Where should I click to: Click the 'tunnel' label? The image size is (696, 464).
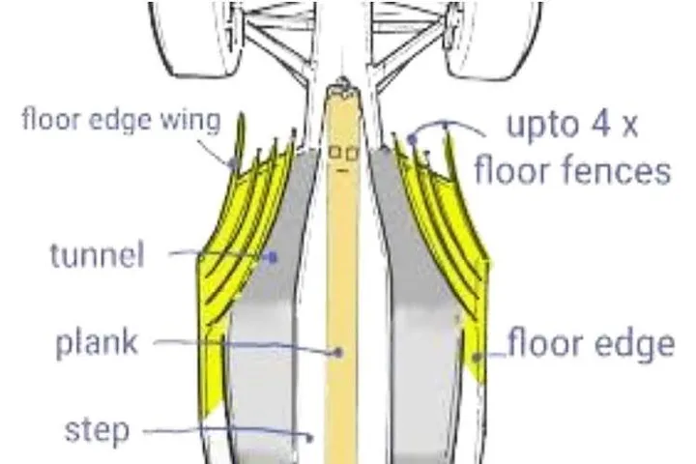point(98,255)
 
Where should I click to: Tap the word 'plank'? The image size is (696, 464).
point(97,343)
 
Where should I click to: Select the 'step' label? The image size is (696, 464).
point(97,430)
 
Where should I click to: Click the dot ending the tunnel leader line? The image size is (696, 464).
point(272,257)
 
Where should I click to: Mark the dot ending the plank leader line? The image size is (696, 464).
point(338,353)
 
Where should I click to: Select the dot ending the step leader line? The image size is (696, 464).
point(309,438)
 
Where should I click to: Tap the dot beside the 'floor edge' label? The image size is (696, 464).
point(478,357)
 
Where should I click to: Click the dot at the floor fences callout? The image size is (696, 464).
point(413,139)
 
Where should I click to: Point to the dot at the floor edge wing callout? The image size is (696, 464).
point(233,163)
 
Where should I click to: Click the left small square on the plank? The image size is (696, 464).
point(334,153)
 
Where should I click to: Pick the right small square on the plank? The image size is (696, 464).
point(352,154)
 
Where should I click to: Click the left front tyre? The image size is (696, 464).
point(194,39)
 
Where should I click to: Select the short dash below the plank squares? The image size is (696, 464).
point(342,170)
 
